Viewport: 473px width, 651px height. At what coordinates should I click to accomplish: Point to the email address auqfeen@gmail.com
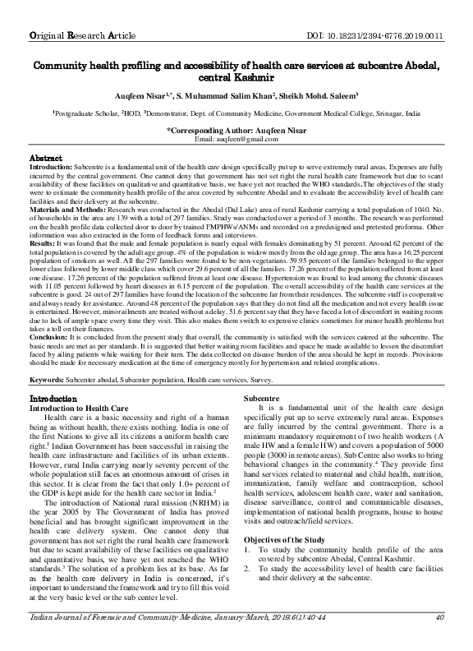(236, 140)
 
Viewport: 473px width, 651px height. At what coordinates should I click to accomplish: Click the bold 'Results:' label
(44, 243)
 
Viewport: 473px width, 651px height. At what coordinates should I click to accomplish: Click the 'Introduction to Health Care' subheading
(79, 408)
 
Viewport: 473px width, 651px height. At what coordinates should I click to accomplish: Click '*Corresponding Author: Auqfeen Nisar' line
(236, 131)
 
